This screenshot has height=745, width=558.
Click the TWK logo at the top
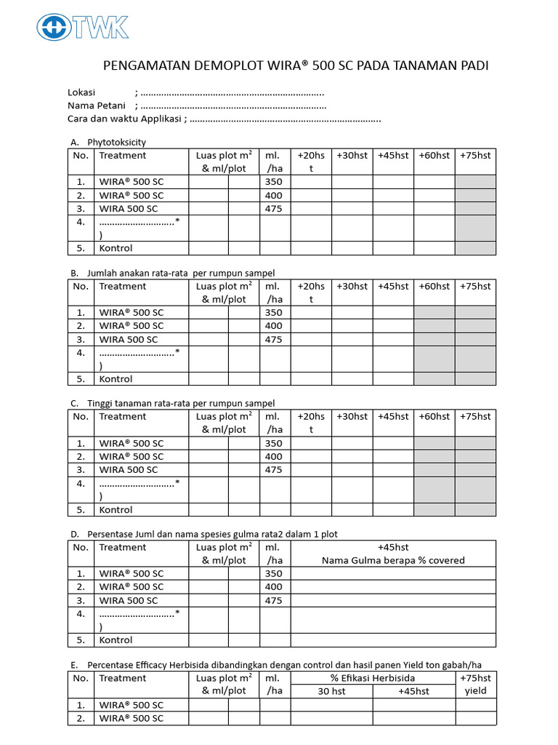(x=83, y=28)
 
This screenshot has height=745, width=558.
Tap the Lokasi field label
(x=82, y=92)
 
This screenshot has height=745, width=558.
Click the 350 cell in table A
(x=274, y=182)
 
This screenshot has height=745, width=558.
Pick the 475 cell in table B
(x=274, y=339)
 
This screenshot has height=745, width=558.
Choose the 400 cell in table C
(x=274, y=456)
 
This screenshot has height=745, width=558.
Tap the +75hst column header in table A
(x=475, y=155)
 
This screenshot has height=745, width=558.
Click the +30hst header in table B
(x=352, y=286)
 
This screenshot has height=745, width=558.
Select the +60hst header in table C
(x=434, y=416)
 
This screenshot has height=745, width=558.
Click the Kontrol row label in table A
(x=116, y=248)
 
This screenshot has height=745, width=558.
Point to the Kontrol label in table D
(x=116, y=640)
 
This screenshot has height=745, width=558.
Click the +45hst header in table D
(x=393, y=547)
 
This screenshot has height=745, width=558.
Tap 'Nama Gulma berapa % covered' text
(x=393, y=560)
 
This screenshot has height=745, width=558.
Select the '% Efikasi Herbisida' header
(x=373, y=678)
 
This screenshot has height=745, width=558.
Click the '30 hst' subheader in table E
(x=331, y=691)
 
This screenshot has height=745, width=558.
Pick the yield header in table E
(x=475, y=691)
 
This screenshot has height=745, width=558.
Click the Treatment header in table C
(x=122, y=416)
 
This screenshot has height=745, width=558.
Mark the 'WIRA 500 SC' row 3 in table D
(x=128, y=600)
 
